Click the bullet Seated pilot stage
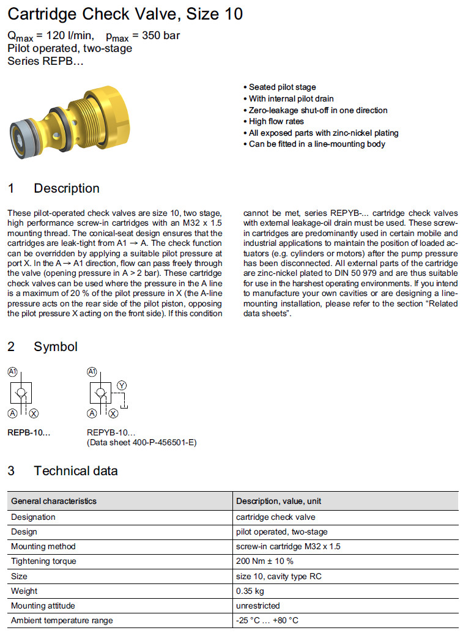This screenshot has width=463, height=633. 282,87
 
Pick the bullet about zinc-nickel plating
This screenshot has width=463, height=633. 324,133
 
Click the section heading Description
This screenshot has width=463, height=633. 66,188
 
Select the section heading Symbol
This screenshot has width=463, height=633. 56,347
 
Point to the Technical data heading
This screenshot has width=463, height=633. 75,471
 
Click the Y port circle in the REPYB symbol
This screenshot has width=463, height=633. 122,385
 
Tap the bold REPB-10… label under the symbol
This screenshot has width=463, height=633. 29,432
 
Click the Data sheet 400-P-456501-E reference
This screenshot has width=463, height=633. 141,442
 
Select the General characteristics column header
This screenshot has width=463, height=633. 54,501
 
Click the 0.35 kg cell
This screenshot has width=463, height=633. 250,591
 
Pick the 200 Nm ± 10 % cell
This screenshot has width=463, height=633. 265,561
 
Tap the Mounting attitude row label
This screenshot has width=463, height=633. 43,605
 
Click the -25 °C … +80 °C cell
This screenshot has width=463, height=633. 267,620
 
